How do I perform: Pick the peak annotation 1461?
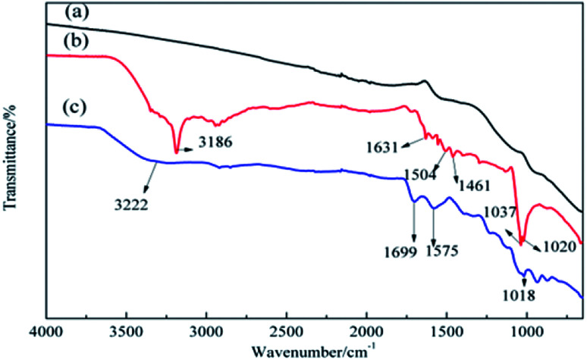pyautogui.click(x=469, y=185)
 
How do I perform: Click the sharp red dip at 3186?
pyautogui.click(x=177, y=152)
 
